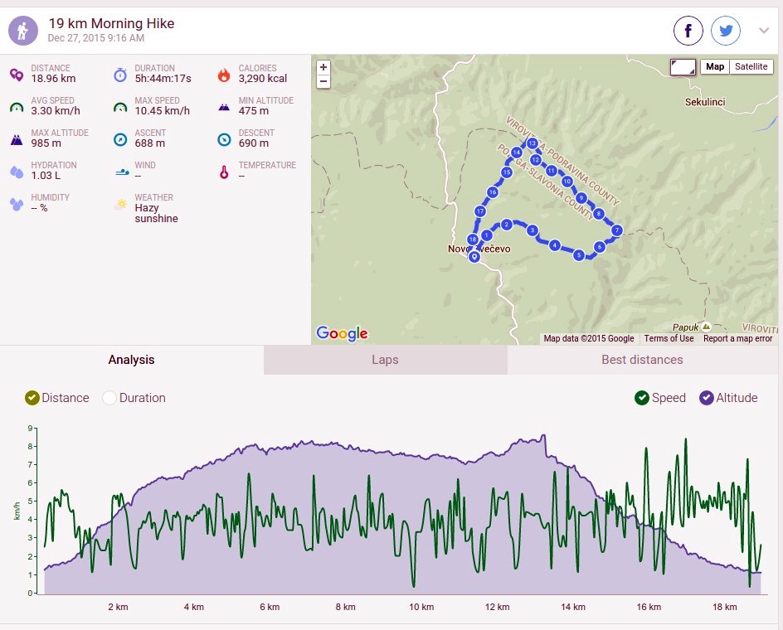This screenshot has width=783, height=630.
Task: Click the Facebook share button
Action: click(688, 31)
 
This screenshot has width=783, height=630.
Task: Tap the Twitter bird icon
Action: click(726, 31)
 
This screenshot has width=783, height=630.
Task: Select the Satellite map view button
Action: click(751, 66)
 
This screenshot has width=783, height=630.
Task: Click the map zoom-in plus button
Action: click(323, 67)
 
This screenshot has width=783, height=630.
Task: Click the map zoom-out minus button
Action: click(323, 81)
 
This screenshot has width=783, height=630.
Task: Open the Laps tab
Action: click(385, 360)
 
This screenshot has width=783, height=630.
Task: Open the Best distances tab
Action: click(642, 360)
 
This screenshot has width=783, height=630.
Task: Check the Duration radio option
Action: click(109, 398)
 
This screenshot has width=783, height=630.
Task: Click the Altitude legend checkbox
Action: click(707, 398)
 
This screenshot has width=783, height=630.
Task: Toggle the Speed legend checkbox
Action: click(642, 398)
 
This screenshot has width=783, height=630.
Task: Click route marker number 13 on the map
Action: click(533, 143)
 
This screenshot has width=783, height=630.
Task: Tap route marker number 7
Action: click(617, 230)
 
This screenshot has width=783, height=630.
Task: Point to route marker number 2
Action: click(506, 225)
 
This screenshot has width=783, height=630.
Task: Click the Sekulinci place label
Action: click(704, 102)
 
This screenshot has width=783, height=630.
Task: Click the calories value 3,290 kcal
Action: click(263, 79)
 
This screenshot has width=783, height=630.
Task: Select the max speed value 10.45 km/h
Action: click(163, 111)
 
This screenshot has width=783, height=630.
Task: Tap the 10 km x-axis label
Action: click(421, 607)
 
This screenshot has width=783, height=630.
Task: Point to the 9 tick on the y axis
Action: click(30, 428)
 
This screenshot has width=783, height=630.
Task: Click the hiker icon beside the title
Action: click(23, 31)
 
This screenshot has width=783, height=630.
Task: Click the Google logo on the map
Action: click(342, 333)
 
